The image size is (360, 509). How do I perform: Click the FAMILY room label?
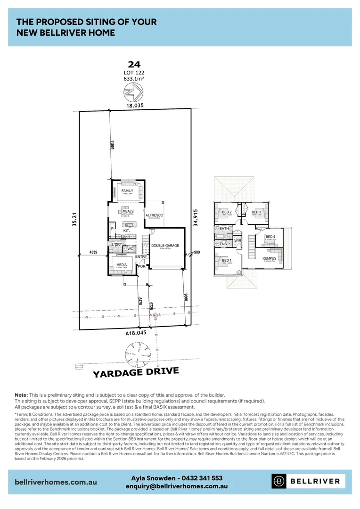pyautogui.click(x=127, y=191)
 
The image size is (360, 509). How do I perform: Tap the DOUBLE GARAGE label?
pyautogui.click(x=164, y=245)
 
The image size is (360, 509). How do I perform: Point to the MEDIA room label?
pyautogui.click(x=122, y=265)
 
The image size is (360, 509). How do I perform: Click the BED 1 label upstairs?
pyautogui.click(x=227, y=260)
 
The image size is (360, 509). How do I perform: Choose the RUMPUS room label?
pyautogui.click(x=270, y=258)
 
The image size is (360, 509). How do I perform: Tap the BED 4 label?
pyautogui.click(x=270, y=237)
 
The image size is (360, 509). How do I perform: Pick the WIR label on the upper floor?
pyautogui.click(x=237, y=240)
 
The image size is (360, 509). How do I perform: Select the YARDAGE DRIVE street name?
pyautogui.click(x=136, y=372)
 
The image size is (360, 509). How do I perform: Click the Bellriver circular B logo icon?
pyautogui.click(x=279, y=481)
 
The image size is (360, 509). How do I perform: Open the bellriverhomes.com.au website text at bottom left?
pyautogui.click(x=56, y=482)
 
